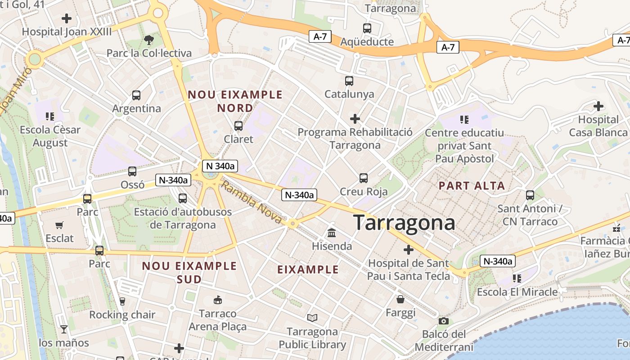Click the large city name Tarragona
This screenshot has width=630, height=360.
pos(404,223)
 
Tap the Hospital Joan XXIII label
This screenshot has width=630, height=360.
pos(67,32)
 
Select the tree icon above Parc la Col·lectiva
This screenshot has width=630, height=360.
pos(148,40)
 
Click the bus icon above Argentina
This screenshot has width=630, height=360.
pos(136,95)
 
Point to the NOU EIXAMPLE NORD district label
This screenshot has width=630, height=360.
pos(235,101)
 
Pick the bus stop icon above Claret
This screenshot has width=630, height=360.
pos(238,126)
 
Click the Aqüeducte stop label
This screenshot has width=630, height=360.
pos(367,42)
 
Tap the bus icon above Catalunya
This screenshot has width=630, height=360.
pos(349,81)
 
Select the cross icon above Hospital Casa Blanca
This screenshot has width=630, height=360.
pos(598,106)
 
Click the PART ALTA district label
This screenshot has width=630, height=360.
pos(472,185)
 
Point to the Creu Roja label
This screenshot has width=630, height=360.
pos(364,191)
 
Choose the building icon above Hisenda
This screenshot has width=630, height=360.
pos(332,233)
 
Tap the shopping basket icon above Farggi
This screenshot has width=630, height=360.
pos(400,299)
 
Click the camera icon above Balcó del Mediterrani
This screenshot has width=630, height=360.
pos(444,321)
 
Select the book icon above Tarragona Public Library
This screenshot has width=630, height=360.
pos(312,318)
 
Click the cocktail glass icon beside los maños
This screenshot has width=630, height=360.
pos(63,329)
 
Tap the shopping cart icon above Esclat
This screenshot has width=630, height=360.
pos(59,225)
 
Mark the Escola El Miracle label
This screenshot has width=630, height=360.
pos(517,292)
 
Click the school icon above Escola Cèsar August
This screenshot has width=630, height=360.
pos(50,117)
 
